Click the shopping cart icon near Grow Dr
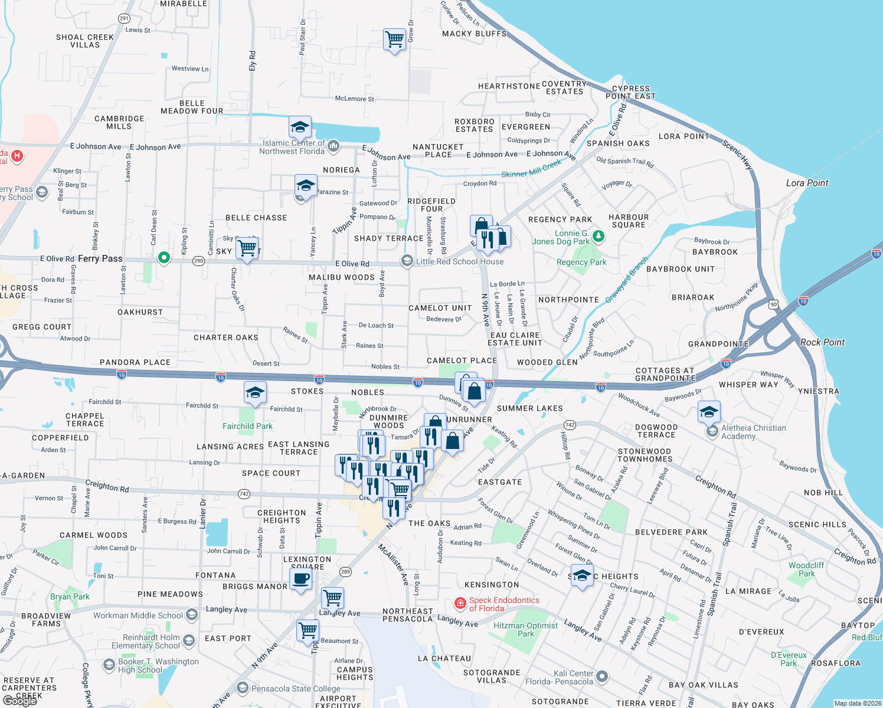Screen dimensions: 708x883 [x=394, y=40]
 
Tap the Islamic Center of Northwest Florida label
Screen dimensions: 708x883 [x=293, y=147]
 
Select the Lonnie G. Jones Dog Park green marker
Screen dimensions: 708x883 [x=599, y=237]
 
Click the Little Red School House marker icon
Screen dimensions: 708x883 [x=407, y=261]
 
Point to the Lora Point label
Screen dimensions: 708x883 [x=807, y=183]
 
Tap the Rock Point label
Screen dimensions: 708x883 [x=822, y=342]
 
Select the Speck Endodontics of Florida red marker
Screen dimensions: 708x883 [x=460, y=604]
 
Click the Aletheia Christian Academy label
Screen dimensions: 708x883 [x=753, y=432]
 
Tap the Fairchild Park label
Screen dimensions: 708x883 [x=247, y=426]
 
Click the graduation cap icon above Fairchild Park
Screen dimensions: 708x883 [x=255, y=392]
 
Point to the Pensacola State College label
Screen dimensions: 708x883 [x=296, y=689]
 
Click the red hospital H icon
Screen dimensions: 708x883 [x=18, y=156]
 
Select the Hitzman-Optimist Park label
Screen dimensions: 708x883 [x=525, y=630]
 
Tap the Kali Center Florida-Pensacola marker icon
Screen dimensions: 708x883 [x=601, y=676]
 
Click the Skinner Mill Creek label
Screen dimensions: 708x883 [x=531, y=169]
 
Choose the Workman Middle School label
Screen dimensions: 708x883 [x=138, y=615]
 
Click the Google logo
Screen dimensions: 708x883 [x=20, y=701]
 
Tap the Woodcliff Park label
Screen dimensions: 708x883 [x=806, y=569]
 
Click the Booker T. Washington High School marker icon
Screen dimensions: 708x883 [x=109, y=665]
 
